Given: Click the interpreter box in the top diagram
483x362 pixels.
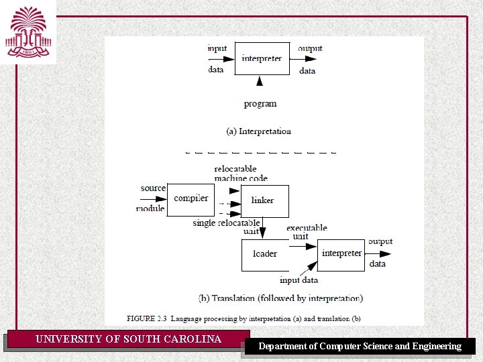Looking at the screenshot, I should click(262, 58).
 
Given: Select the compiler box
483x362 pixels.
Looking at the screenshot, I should click(191, 199).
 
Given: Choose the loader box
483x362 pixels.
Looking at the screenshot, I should click(265, 255).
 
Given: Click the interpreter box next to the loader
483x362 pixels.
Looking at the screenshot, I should click(341, 254).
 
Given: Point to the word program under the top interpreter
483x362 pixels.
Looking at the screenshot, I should click(260, 104).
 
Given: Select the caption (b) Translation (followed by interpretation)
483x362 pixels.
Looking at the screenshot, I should click(280, 298).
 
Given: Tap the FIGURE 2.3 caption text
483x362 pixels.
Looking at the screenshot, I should click(244, 317).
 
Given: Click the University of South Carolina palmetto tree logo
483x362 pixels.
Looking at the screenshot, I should click(28, 32).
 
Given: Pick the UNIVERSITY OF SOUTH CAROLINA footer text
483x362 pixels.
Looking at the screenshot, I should click(128, 339).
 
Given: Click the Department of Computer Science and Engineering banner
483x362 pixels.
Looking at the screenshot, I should click(360, 346).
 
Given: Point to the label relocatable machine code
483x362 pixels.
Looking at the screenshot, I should click(241, 173).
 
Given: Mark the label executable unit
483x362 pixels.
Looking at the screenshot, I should click(307, 232).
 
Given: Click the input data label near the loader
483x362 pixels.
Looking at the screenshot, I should click(299, 280).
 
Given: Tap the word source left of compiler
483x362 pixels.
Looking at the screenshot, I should click(153, 188).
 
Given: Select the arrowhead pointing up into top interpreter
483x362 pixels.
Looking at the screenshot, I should click(260, 81).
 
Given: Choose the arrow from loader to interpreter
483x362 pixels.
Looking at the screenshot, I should click(303, 247).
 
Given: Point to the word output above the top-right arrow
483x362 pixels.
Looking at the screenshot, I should click(310, 48).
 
